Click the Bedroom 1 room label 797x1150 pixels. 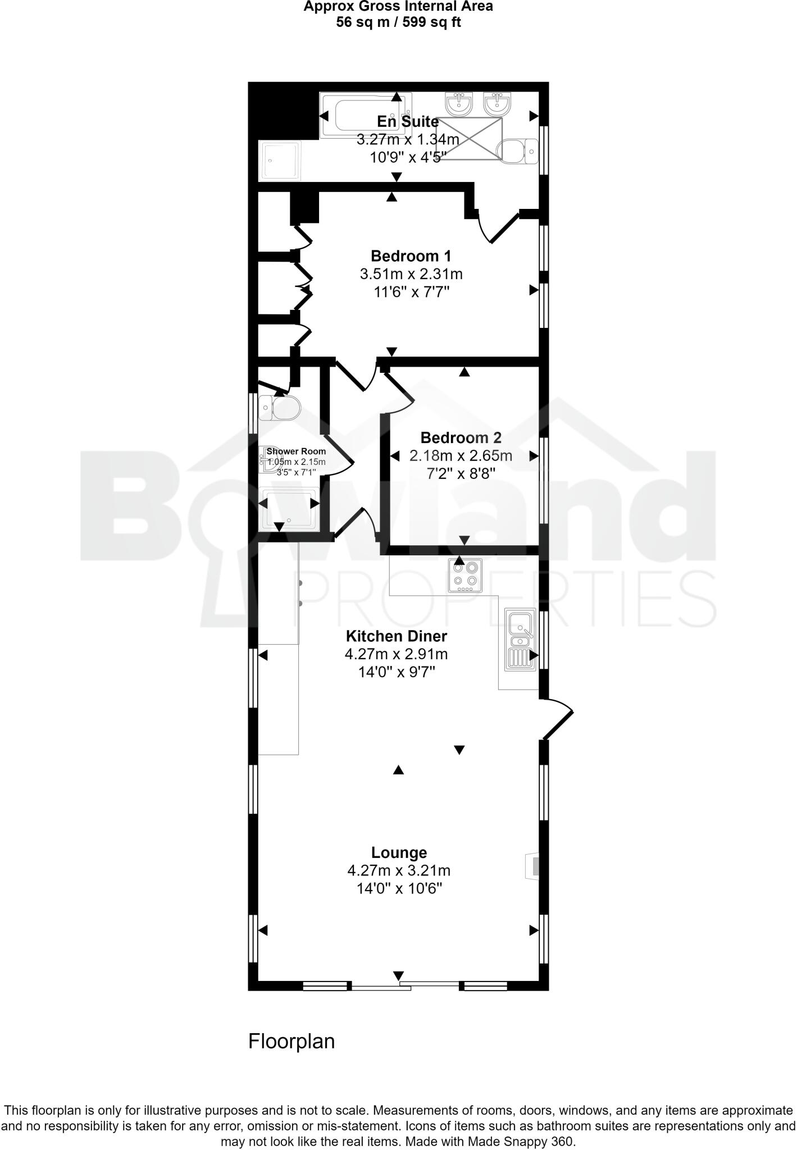(411, 256)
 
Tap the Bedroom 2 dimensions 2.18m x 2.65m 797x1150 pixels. (461, 455)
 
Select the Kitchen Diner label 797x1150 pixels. (396, 636)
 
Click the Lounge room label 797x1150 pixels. (399, 852)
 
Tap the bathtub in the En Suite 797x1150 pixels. (365, 115)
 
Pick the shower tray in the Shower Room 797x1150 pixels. (290, 509)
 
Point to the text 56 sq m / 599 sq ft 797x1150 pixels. (398, 22)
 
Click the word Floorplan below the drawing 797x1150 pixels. (292, 1042)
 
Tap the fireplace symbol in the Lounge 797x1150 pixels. (532, 866)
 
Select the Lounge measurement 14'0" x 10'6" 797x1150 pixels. (399, 888)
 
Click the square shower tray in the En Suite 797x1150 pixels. (280, 161)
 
